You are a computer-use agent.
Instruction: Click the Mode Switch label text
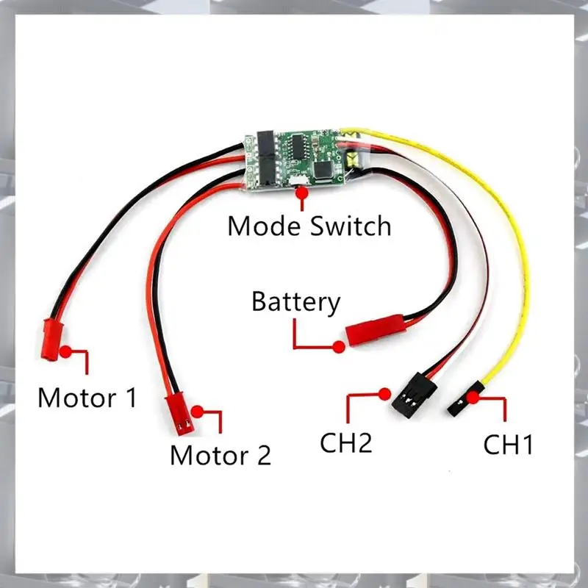pyautogui.click(x=309, y=225)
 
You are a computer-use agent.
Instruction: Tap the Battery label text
pyautogui.click(x=296, y=302)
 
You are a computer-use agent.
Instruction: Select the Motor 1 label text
pyautogui.click(x=87, y=398)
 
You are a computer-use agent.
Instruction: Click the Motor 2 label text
pyautogui.click(x=220, y=455)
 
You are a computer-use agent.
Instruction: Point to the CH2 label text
pyautogui.click(x=346, y=443)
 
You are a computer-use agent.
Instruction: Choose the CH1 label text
pyautogui.click(x=508, y=445)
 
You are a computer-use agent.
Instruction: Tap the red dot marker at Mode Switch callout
pyautogui.click(x=301, y=193)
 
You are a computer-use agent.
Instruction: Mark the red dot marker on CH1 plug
pyautogui.click(x=475, y=398)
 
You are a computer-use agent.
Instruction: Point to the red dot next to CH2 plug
pyautogui.click(x=384, y=393)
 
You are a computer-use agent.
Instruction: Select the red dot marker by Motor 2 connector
pyautogui.click(x=197, y=410)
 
